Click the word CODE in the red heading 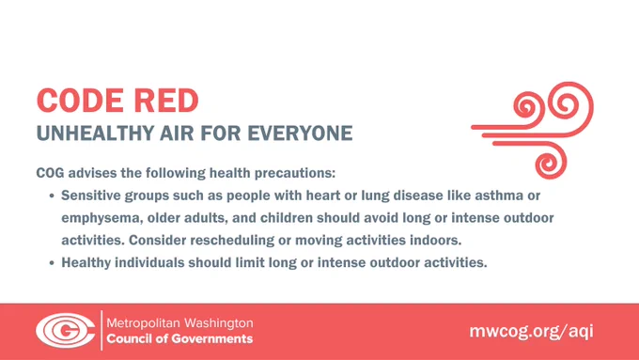[x=80, y=101]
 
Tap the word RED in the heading [x=166, y=101]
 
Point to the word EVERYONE [x=300, y=133]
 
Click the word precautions [x=295, y=173]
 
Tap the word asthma [x=499, y=196]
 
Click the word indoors [x=436, y=240]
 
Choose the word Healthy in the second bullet [x=86, y=262]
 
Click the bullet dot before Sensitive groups [x=52, y=196]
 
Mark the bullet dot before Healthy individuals [x=52, y=263]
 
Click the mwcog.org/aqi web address [x=532, y=331]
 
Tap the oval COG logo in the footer [x=66, y=330]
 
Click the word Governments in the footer [x=212, y=338]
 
